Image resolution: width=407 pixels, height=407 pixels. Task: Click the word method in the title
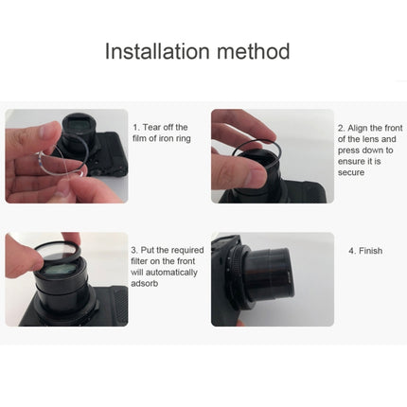253,51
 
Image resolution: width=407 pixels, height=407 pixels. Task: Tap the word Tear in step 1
155,127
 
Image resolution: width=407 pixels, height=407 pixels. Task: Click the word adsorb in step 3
148,283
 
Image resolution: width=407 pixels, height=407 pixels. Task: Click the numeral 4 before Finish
350,251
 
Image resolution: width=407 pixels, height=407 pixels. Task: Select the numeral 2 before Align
342,127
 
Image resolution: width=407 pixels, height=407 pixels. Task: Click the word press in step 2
349,148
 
